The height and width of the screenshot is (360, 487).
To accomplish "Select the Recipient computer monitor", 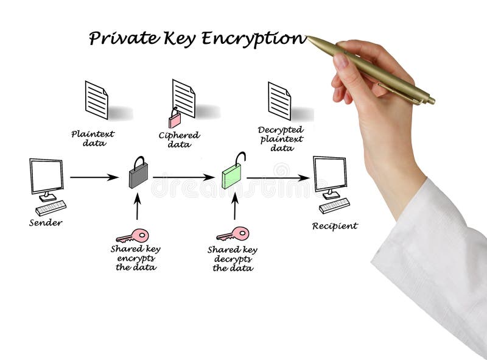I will pos(330,174).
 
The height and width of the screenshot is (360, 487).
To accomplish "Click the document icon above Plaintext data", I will pos(97,99).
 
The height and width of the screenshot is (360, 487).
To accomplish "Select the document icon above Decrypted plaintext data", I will pos(279,101).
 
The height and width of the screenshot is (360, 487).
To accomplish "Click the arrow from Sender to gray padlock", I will pos(94,177).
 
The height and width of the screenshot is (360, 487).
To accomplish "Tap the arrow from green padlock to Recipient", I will pos(278,178).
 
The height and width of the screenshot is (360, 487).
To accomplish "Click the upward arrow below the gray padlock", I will pos(138,207).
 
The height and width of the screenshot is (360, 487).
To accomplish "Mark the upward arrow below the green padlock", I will pos(234,207).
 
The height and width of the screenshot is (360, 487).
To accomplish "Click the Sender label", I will pos(46,222).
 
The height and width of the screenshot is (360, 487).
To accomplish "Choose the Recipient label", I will pos(335,226).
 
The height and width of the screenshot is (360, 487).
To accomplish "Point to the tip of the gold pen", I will pos(309,38).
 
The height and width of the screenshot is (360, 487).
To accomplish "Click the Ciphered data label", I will pos(180,139).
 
